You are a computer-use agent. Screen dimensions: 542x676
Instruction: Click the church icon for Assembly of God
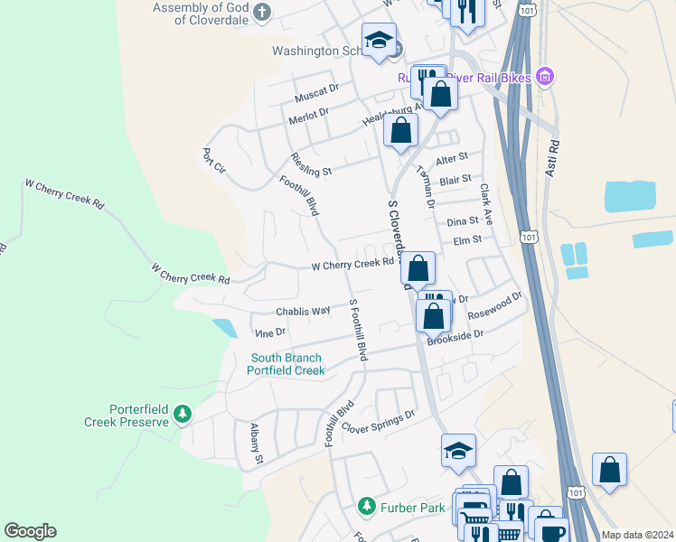click(x=262, y=12)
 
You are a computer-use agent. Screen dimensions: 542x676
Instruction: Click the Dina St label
click(x=462, y=221)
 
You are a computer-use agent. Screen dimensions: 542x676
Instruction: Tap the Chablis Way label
click(x=303, y=311)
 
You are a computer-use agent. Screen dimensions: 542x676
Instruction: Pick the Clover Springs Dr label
click(x=377, y=416)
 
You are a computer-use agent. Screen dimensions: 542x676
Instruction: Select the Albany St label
click(x=257, y=444)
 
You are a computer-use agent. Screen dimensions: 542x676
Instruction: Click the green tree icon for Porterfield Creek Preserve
click(x=183, y=414)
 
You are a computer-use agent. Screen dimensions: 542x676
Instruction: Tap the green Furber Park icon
click(x=366, y=506)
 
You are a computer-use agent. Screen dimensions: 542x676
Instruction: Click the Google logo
click(x=30, y=531)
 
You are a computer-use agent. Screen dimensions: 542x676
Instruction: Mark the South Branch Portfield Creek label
click(x=286, y=364)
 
